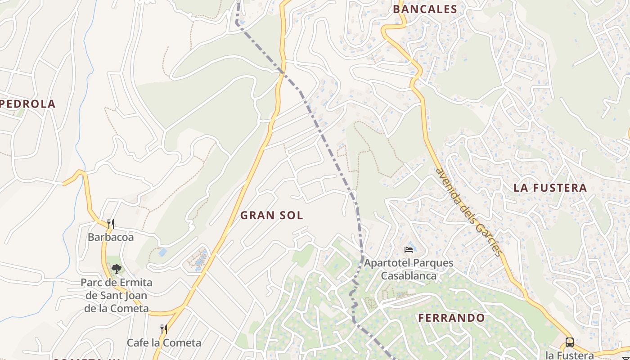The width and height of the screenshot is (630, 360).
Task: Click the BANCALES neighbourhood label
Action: [425, 9]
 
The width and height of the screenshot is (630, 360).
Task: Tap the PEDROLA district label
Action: [28, 104]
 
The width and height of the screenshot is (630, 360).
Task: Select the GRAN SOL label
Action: [271, 215]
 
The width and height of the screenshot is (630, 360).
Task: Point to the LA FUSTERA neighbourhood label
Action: [550, 188]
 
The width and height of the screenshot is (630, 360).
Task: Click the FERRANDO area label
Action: [451, 318]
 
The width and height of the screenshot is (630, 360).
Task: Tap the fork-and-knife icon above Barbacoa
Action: [111, 224]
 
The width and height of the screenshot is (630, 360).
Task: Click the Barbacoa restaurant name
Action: [111, 237]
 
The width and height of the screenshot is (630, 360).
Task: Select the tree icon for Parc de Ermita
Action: [117, 269]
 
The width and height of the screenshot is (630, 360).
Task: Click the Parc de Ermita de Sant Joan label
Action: [117, 296]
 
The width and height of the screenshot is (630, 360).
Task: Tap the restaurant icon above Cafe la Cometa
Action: [164, 329]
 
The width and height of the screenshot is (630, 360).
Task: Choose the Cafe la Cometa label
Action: [164, 343]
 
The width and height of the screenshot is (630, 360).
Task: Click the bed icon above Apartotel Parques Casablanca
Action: [409, 249]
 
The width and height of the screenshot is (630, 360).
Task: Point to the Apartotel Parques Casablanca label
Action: [409, 269]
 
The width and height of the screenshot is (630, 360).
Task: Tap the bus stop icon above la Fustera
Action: [569, 342]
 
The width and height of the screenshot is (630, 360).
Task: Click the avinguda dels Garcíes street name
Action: [469, 211]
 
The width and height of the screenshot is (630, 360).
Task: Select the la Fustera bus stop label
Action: [569, 355]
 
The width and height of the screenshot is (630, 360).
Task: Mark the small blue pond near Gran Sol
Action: [163, 252]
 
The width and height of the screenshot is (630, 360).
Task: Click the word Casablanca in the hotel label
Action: [409, 275]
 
